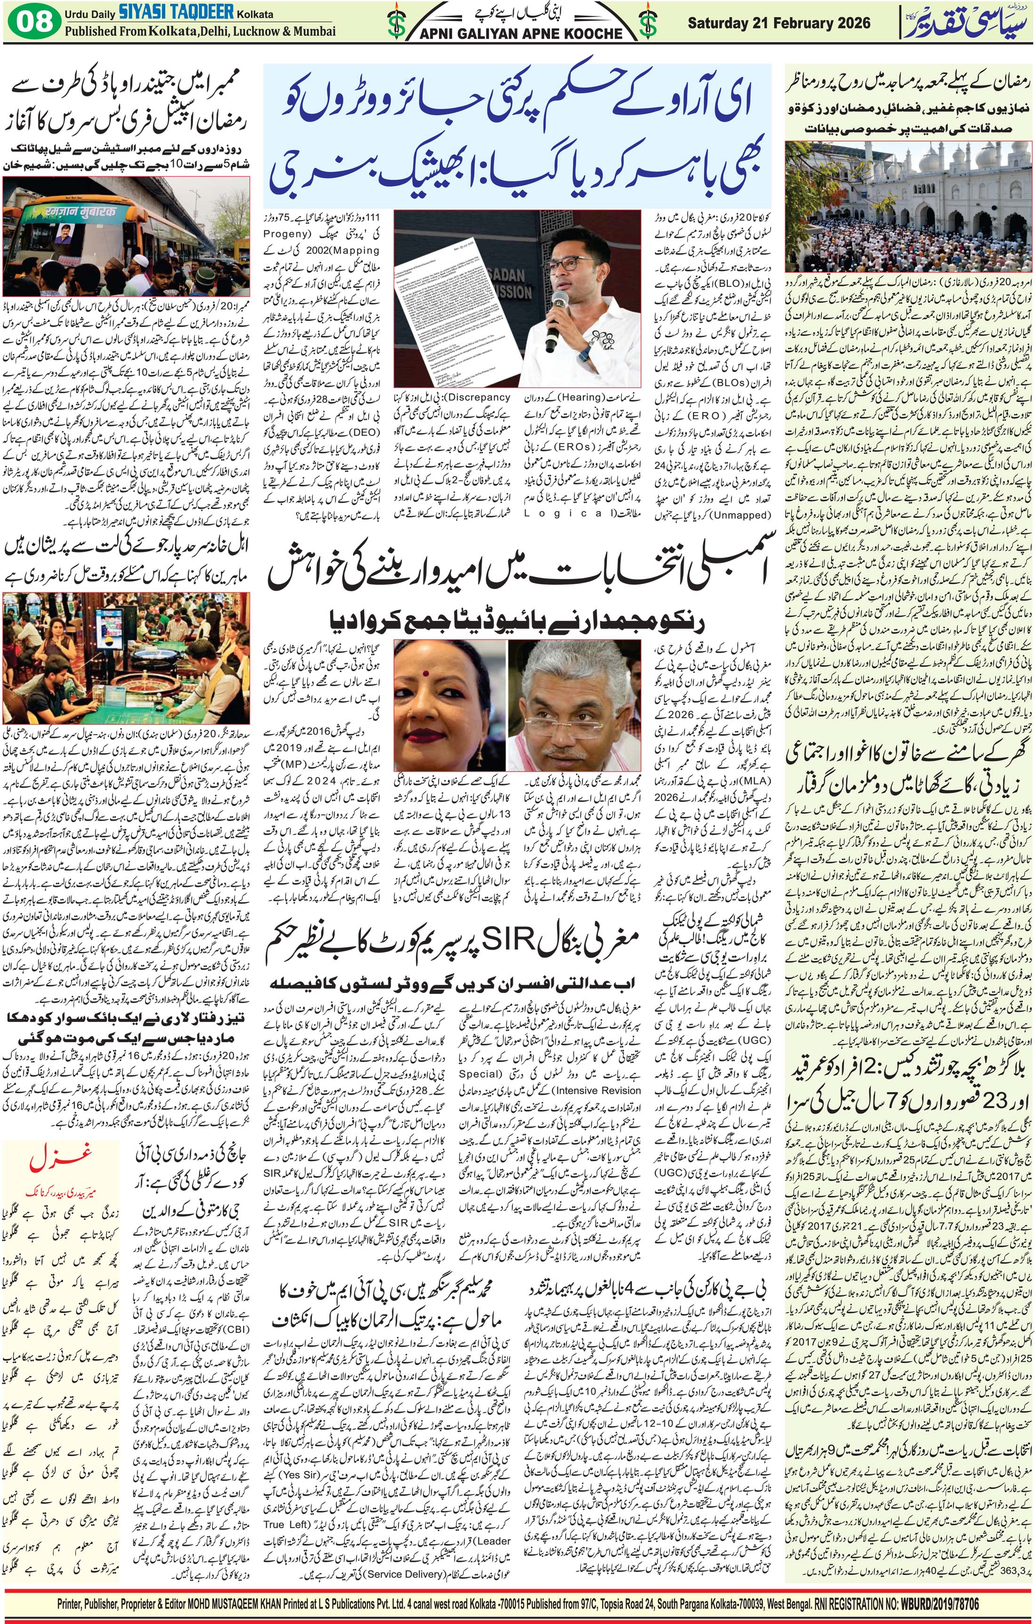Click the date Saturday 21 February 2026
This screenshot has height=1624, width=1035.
(x=779, y=23)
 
